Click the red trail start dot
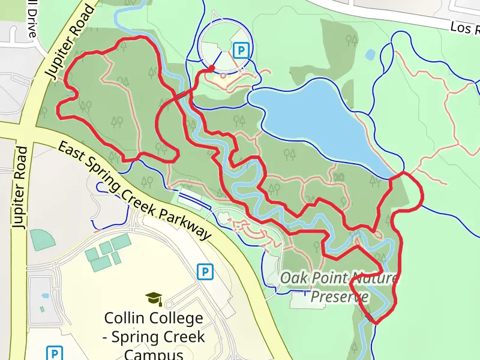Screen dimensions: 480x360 click(x=212, y=68)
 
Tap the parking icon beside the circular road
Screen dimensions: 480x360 click(x=241, y=50)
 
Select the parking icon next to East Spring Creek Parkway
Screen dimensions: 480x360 click(x=205, y=272)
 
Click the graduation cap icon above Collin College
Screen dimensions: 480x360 click(x=154, y=298)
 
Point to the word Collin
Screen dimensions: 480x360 click(x=124, y=318)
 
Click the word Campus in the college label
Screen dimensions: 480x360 click(x=153, y=353)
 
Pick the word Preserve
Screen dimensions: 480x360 click(x=340, y=296)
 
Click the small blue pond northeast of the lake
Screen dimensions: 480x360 click(x=370, y=55)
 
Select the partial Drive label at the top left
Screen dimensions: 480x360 click(x=31, y=18)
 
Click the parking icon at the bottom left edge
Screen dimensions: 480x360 click(x=55, y=353)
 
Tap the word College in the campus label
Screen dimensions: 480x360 click(x=176, y=318)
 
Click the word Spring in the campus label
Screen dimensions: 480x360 click(x=137, y=337)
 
